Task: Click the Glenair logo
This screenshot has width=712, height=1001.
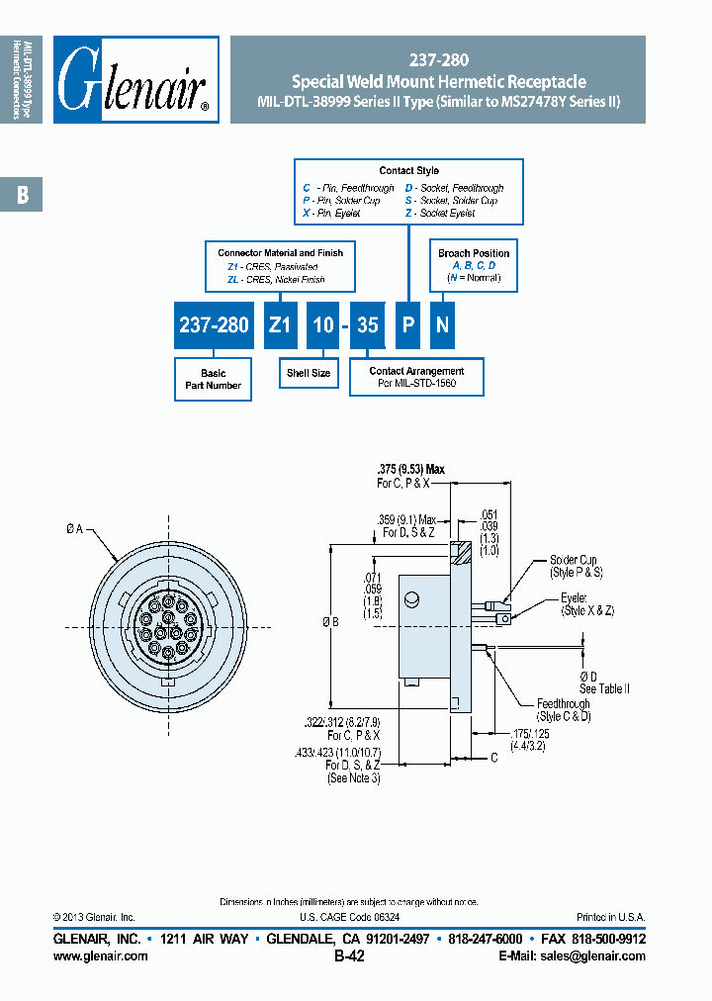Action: (x=135, y=80)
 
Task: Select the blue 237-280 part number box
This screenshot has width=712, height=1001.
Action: (x=214, y=324)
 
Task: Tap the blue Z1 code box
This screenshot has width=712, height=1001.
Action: (x=280, y=324)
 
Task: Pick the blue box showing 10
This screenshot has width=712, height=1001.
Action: (x=323, y=324)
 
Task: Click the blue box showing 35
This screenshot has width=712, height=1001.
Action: (x=368, y=324)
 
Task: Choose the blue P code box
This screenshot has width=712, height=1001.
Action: (x=407, y=324)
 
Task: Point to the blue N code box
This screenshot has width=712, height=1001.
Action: (x=443, y=324)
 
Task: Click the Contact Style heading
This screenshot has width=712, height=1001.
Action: (x=408, y=171)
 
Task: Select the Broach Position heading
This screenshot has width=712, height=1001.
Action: (x=474, y=253)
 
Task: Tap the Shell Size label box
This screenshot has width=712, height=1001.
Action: (x=309, y=373)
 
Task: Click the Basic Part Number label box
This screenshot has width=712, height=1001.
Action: (x=213, y=379)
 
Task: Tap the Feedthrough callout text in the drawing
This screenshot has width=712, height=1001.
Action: (x=563, y=704)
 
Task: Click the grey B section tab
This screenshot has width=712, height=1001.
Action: (x=22, y=195)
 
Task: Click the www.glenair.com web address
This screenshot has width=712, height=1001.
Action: (x=100, y=955)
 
